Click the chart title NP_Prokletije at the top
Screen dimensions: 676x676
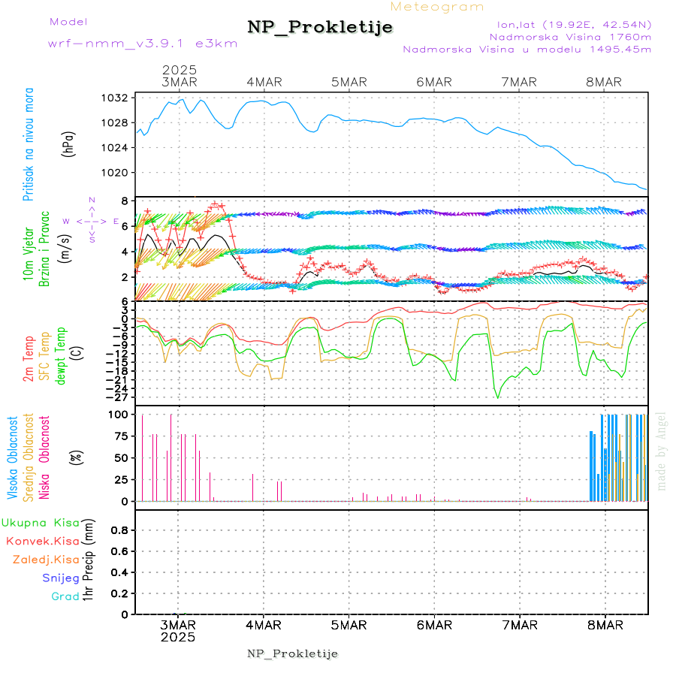[x=320, y=28]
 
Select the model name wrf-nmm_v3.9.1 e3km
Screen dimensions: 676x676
[x=143, y=44]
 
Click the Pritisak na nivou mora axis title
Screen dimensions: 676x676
[x=28, y=144]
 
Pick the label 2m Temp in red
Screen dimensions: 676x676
[x=28, y=359]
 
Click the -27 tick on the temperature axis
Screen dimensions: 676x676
[x=120, y=397]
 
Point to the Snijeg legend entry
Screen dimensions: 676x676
[x=60, y=578]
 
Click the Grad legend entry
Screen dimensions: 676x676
[x=65, y=597]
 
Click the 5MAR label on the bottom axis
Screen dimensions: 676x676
[x=348, y=625]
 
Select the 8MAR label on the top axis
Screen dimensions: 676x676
[x=604, y=82]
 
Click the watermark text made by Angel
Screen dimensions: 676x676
[x=662, y=451]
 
